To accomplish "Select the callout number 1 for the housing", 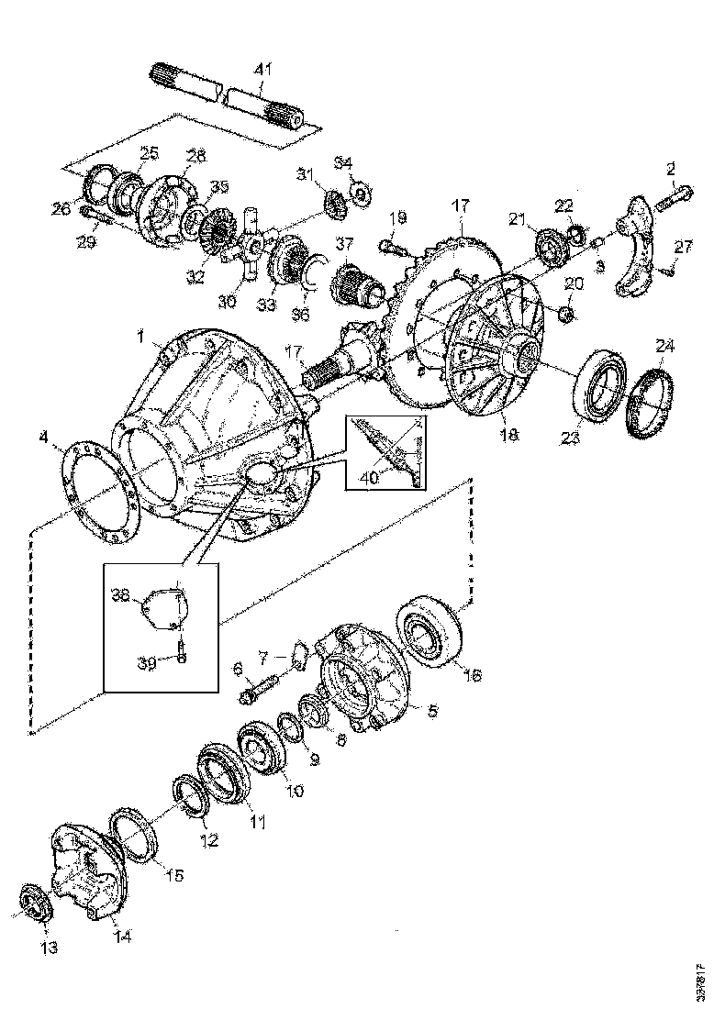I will pyautogui.click(x=141, y=338).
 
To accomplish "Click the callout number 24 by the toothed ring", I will pyautogui.click(x=664, y=346).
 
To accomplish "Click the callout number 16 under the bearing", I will pyautogui.click(x=473, y=675).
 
